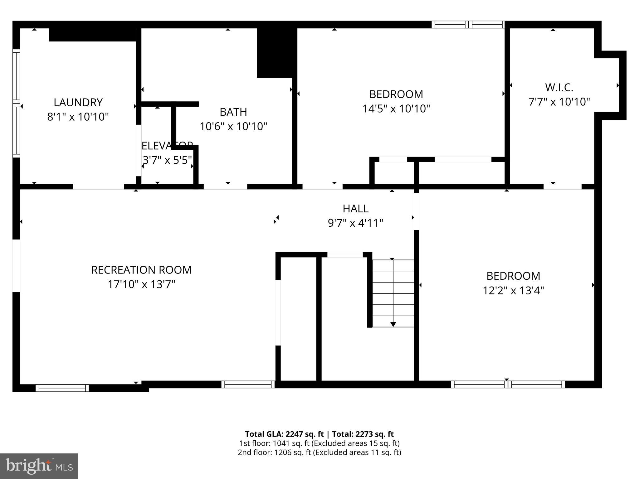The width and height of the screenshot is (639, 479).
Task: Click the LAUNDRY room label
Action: pos(78,102)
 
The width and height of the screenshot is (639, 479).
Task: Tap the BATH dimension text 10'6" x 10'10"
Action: pos(233,126)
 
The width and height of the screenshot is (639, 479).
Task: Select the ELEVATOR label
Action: pos(167,146)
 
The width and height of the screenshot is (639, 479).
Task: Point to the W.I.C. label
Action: pos(559,88)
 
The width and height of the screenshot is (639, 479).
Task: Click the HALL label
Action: pos(355,208)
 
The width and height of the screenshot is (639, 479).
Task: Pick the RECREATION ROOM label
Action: pos(141,270)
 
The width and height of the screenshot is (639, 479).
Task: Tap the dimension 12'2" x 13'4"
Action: pos(513,291)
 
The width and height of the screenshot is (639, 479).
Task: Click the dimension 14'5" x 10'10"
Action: pos(396,109)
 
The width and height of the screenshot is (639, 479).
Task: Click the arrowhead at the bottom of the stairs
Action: pos(393,324)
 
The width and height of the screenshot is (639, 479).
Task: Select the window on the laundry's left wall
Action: pos(16,103)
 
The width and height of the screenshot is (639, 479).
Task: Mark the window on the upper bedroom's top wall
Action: pos(468,25)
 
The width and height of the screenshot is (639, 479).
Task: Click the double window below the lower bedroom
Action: pos(508,385)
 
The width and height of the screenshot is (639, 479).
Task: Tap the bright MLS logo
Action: pos(39,466)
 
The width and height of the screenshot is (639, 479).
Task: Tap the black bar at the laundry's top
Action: pos(92,35)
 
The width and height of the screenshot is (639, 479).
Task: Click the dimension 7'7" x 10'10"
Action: pos(559,102)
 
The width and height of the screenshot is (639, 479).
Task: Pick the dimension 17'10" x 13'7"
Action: pos(141,284)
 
